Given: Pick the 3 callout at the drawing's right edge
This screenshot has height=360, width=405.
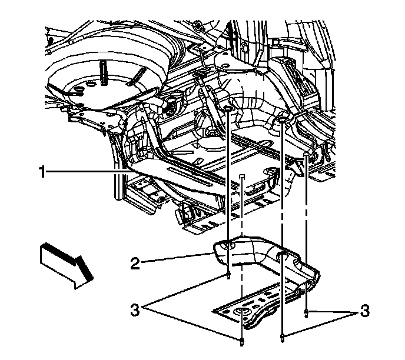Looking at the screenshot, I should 365,310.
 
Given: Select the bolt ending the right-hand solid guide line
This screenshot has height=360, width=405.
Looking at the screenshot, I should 283,337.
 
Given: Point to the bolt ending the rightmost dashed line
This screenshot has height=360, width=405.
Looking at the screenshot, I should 307,312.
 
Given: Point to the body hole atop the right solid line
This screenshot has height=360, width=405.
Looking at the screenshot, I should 283,119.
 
